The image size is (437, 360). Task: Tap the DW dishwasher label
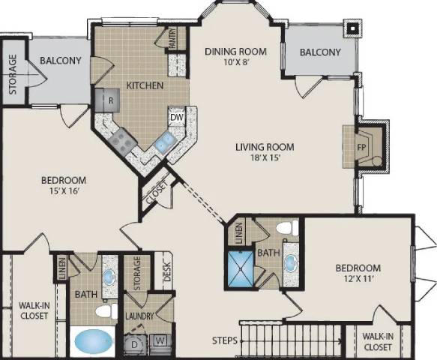pos(177,117)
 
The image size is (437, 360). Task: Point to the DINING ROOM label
pos(236,51)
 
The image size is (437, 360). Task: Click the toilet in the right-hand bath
pos(285,229)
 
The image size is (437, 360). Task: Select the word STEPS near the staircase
pos(224,340)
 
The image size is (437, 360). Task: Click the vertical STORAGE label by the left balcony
pos(13,75)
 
